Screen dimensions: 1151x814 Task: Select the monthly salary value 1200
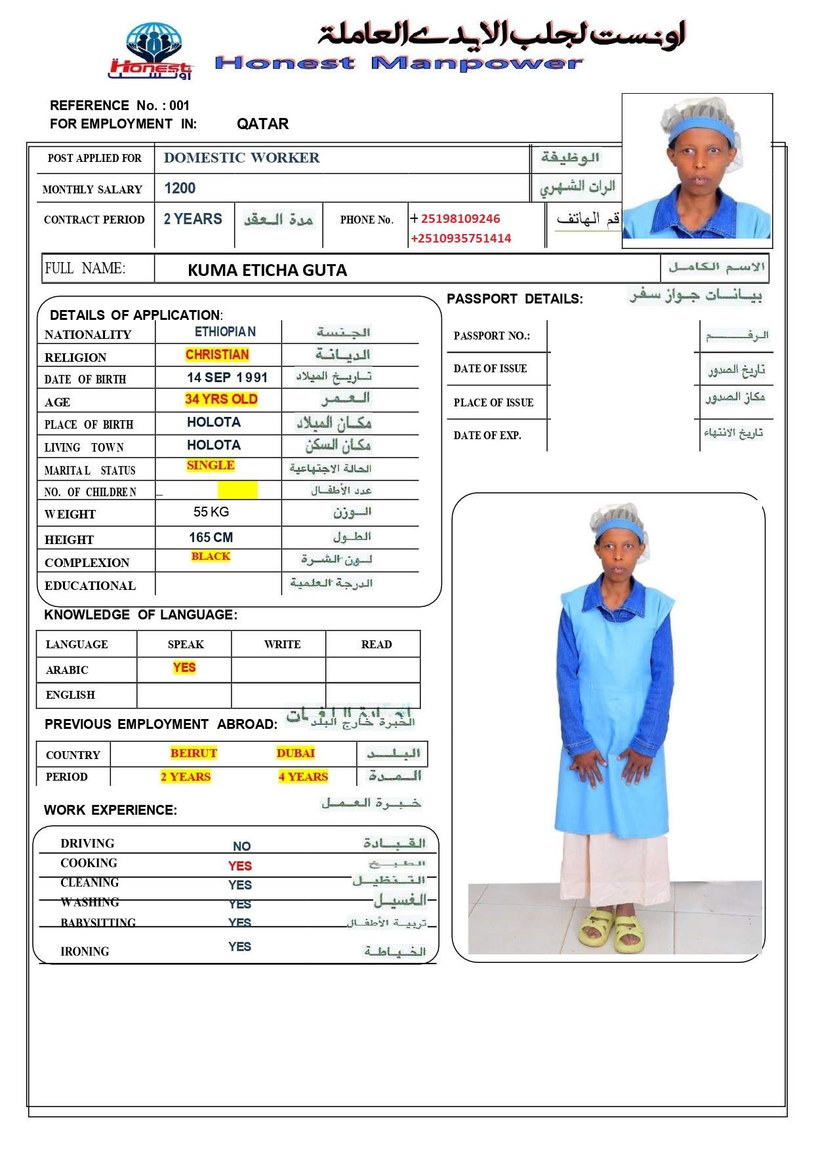pos(180,189)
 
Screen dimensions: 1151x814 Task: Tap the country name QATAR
pos(262,124)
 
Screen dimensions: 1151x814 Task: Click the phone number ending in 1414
pos(461,239)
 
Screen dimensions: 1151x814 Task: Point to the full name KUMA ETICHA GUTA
pos(267,270)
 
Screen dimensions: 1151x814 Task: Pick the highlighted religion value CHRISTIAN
pos(217,355)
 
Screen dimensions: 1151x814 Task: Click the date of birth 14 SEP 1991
pos(227,378)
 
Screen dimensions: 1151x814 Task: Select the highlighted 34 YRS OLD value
pos(221,399)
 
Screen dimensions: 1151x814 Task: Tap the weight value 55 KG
pos(211,512)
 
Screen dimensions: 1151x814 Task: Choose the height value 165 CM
pos(211,537)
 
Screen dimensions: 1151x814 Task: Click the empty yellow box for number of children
pos(237,490)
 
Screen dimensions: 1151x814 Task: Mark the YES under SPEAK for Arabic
pos(184,667)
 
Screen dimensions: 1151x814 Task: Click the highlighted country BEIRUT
pos(193,753)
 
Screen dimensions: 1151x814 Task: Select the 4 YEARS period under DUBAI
pos(303,777)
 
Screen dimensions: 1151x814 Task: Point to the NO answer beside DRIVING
pos(241,846)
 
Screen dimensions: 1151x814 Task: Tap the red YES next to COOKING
pos(240,866)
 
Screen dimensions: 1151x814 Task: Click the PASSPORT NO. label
pos(491,336)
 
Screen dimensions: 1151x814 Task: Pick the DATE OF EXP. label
pos(487,435)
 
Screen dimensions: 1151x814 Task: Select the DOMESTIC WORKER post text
pos(242,158)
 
